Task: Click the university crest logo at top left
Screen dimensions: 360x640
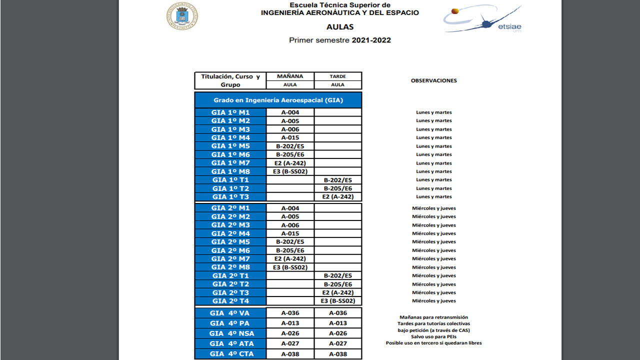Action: coord(182,16)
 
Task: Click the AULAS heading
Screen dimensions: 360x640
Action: coord(340,27)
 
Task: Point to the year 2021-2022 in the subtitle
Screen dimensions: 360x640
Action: coord(371,40)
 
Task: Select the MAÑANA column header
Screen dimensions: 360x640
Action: coord(290,76)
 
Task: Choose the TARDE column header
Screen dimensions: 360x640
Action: coord(338,76)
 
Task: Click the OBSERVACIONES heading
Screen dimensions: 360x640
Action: coord(433,80)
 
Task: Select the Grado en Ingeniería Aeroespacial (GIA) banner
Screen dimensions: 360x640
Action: coord(278,100)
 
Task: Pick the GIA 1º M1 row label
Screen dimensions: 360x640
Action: coord(230,112)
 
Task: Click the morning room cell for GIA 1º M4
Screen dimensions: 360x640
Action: coord(290,137)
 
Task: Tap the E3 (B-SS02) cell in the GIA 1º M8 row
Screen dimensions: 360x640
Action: coord(290,171)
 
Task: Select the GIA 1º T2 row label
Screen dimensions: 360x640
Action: coord(230,188)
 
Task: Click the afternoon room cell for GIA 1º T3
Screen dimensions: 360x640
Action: coord(338,196)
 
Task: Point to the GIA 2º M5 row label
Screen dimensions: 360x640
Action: coord(230,242)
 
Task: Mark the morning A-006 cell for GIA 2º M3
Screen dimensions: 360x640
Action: coord(290,225)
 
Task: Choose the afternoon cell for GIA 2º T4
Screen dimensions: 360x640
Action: coord(338,301)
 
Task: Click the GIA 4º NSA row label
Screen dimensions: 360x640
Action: coord(230,333)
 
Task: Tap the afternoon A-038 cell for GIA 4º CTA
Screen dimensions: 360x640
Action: coord(338,354)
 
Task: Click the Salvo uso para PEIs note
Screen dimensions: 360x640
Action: coord(433,336)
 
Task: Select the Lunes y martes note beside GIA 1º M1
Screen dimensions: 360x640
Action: coord(433,112)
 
